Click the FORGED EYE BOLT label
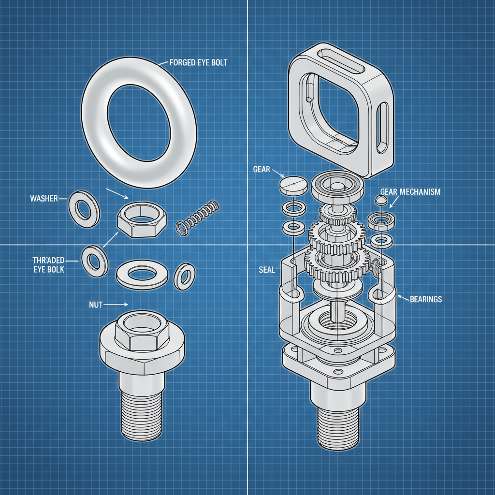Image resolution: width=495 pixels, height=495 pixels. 199,62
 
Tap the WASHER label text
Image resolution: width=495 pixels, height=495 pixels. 44,198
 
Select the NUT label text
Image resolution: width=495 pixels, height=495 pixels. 97,305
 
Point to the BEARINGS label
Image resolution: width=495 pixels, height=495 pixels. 425,299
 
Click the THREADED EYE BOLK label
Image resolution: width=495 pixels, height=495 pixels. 48,264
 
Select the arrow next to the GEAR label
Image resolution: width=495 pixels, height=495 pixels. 278,172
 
